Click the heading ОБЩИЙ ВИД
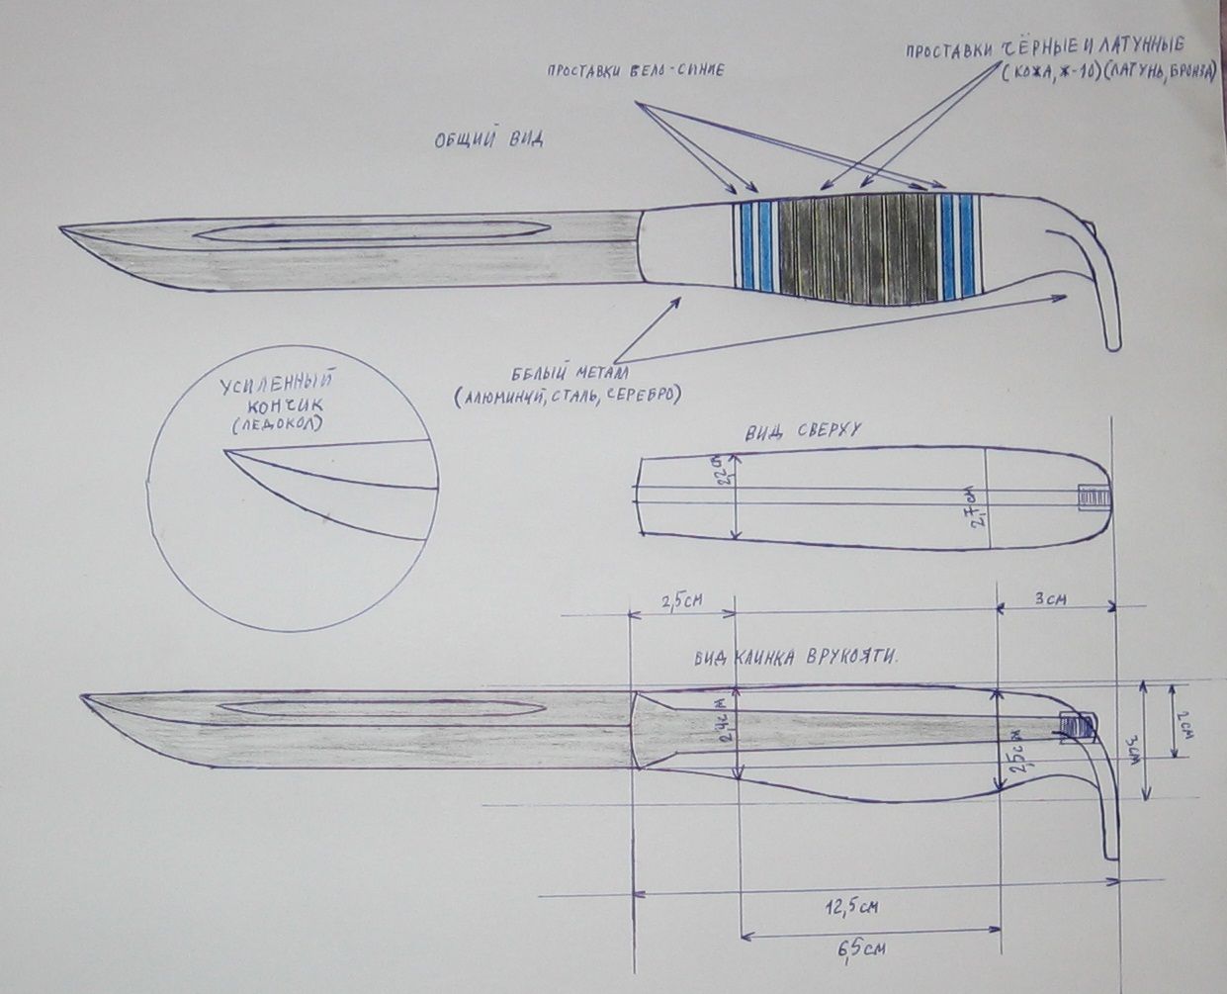click(x=488, y=139)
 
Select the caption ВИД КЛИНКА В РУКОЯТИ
click(x=802, y=658)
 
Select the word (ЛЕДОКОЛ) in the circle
click(x=281, y=423)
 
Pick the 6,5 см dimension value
click(x=860, y=950)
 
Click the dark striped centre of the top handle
click(x=855, y=247)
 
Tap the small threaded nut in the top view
click(x=1089, y=496)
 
